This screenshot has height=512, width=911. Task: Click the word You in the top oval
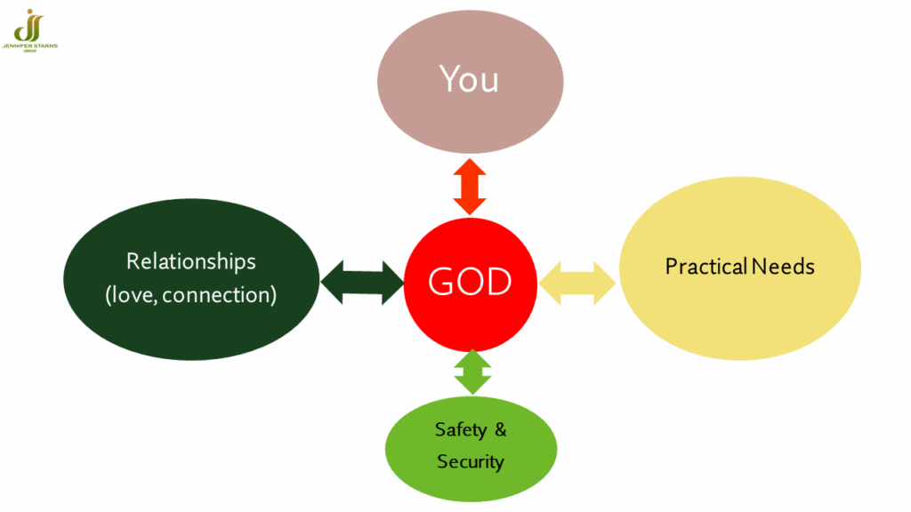[x=469, y=80]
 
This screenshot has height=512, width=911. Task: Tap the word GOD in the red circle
[x=470, y=282]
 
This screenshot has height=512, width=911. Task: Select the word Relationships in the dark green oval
[x=190, y=261]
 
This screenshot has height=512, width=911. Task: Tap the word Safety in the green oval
[x=461, y=430]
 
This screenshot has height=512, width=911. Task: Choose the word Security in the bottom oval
[x=470, y=462]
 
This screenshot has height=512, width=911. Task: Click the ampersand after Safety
[x=500, y=430]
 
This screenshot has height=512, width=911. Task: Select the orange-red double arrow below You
[x=470, y=186]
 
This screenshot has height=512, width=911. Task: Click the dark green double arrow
[x=361, y=283]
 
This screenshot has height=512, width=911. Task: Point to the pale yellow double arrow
[x=577, y=283]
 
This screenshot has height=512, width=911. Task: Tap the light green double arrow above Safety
[x=472, y=371]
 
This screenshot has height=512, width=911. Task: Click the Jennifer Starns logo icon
[x=35, y=24]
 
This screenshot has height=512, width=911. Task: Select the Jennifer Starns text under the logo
[x=35, y=45]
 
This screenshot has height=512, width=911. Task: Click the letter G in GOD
[x=443, y=282]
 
